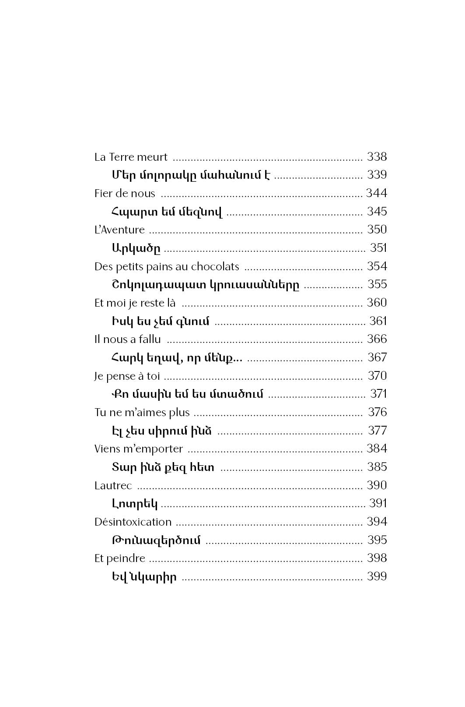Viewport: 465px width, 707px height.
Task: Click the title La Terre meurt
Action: (x=131, y=157)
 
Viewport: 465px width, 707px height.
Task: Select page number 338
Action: (x=377, y=157)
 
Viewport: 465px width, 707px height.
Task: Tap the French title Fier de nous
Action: (x=125, y=193)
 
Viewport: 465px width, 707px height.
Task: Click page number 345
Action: (x=377, y=212)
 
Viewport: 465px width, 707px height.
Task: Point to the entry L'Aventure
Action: (x=119, y=230)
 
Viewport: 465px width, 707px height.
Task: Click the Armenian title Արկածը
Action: (x=136, y=248)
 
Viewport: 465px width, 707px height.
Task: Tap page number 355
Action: (x=377, y=284)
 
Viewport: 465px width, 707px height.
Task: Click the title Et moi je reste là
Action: (x=135, y=303)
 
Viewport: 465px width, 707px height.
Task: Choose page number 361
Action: (x=378, y=321)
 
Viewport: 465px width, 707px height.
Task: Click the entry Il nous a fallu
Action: (x=127, y=339)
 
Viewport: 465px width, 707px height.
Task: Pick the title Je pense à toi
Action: (x=127, y=376)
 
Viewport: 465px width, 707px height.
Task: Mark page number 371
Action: (x=378, y=394)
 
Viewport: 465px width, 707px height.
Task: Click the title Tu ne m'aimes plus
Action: (x=142, y=412)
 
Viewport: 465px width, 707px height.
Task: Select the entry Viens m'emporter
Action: (x=138, y=449)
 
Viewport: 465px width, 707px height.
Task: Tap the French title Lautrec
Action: (x=113, y=485)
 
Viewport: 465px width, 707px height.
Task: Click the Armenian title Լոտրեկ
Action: (x=134, y=504)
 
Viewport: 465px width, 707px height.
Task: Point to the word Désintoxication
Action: (x=133, y=522)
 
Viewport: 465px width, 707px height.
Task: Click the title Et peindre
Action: (x=119, y=558)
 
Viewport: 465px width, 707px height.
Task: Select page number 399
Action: (x=377, y=576)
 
